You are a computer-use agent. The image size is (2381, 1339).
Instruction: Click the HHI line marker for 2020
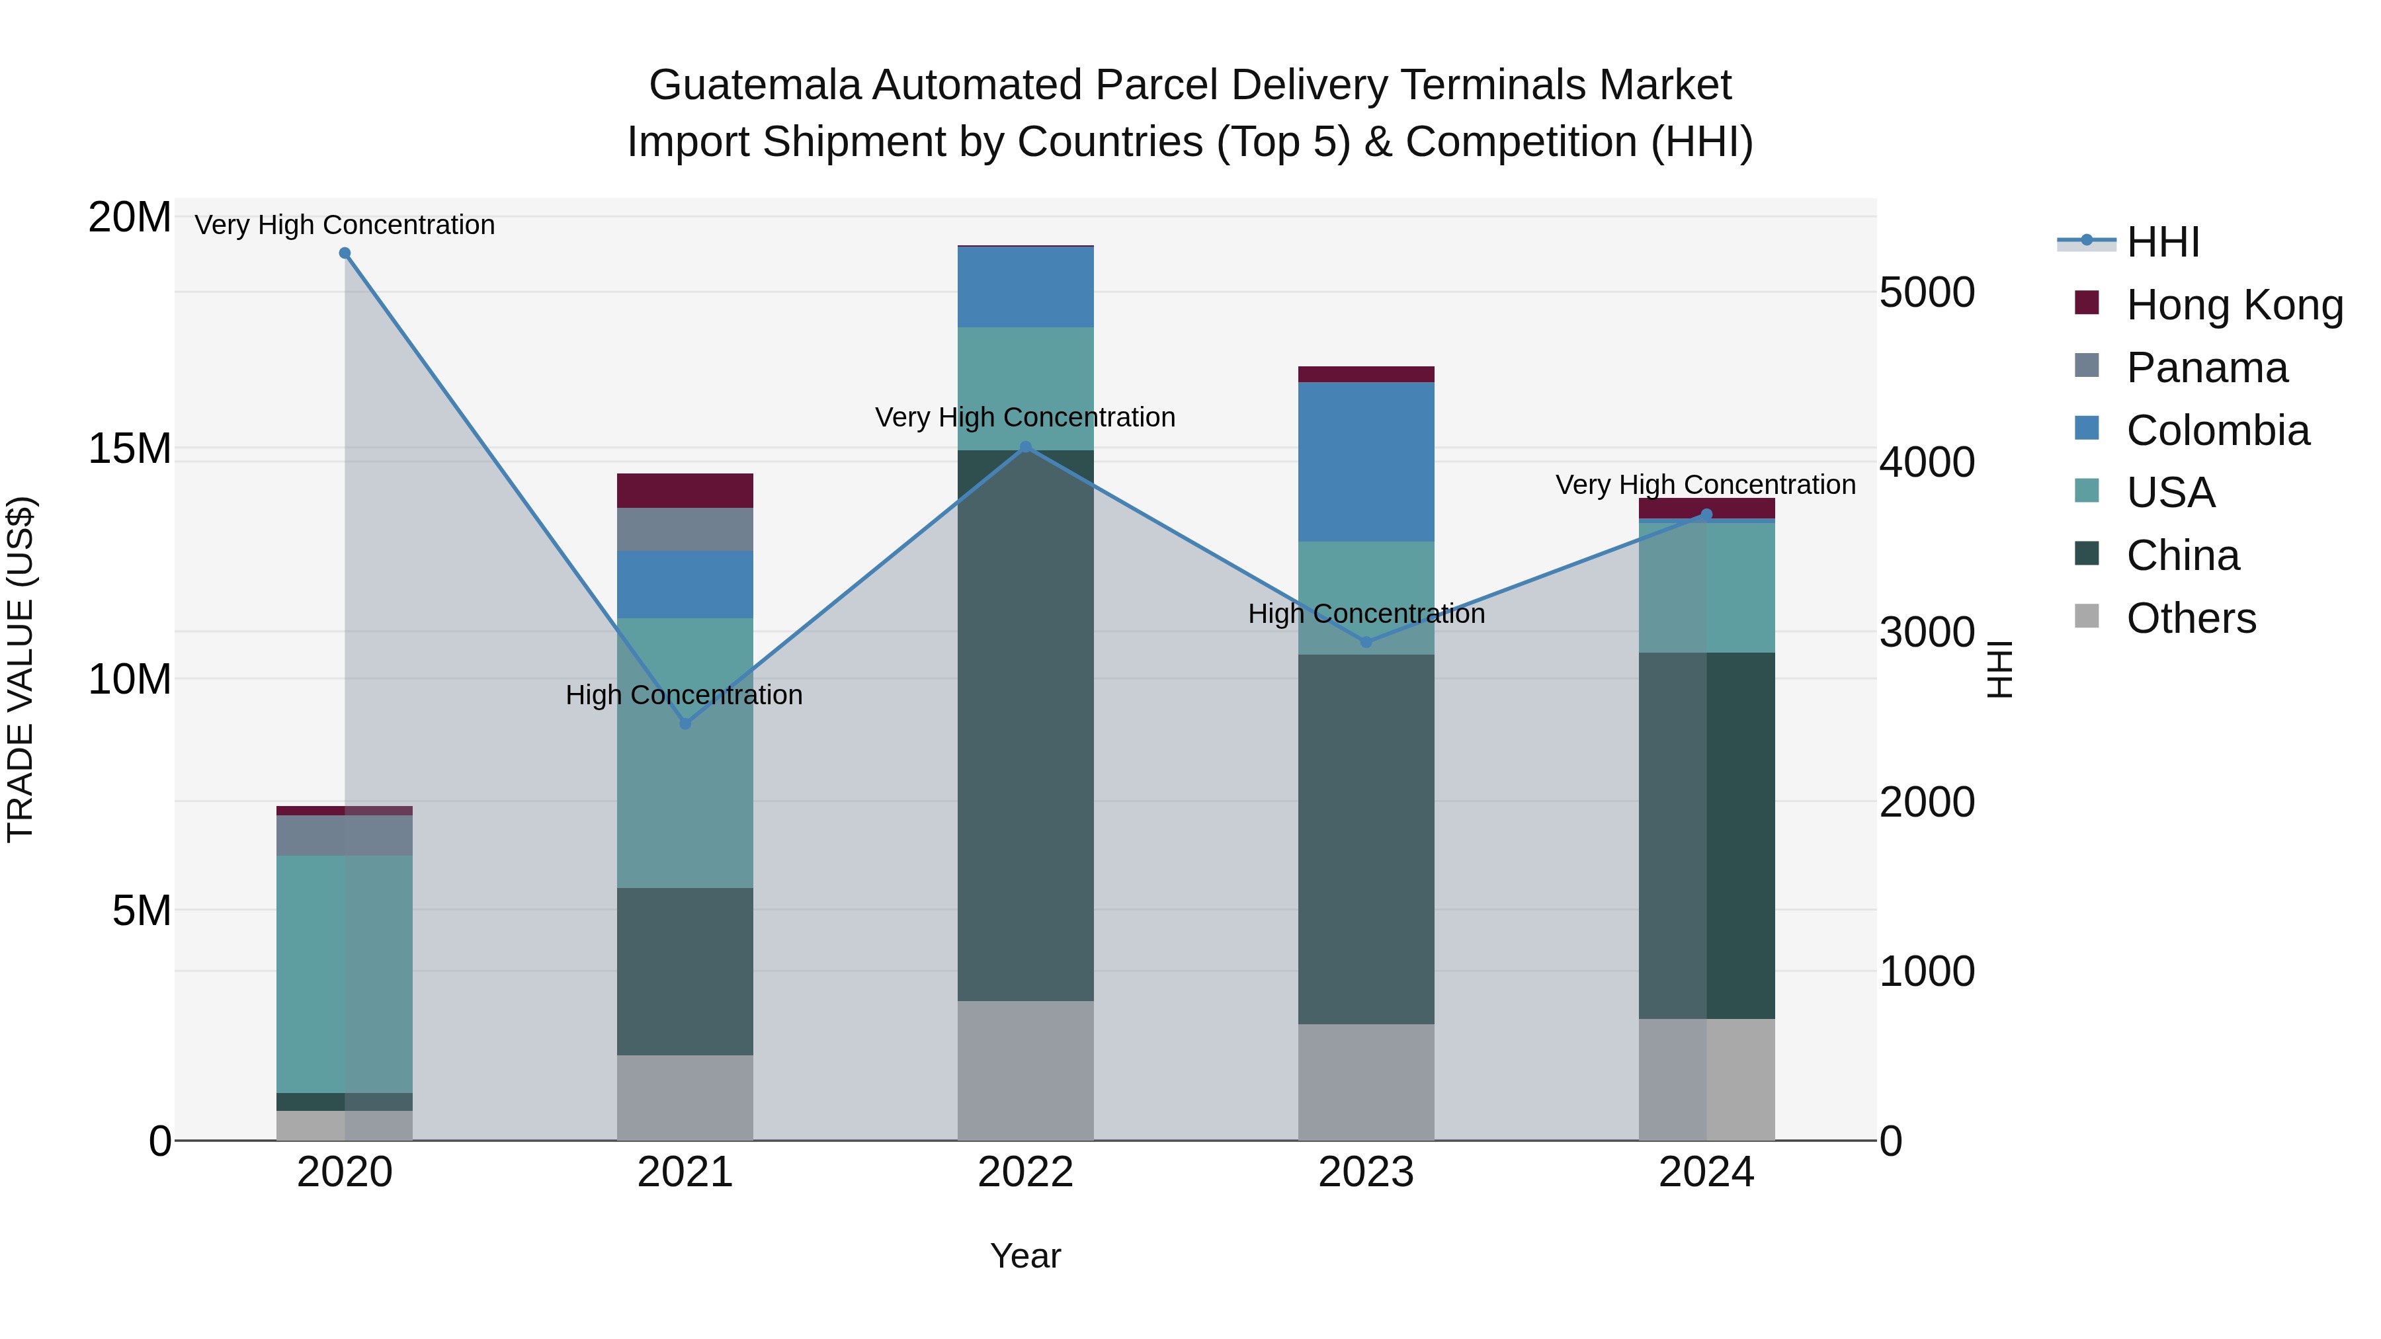click(345, 253)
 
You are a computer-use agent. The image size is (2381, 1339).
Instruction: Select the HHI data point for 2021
click(685, 723)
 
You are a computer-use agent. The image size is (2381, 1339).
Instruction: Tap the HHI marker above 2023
click(1366, 641)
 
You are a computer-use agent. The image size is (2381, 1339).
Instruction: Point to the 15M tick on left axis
click(130, 449)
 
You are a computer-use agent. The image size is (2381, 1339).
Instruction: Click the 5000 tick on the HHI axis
click(1927, 293)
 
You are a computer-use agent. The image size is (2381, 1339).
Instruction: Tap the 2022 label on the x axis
click(1025, 1172)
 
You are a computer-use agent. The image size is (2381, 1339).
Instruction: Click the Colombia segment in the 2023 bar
click(1366, 462)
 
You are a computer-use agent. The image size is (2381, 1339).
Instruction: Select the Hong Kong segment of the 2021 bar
click(685, 491)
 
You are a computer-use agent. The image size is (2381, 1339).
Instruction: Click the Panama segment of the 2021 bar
click(685, 530)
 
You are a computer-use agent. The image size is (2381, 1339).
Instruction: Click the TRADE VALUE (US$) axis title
click(21, 669)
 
